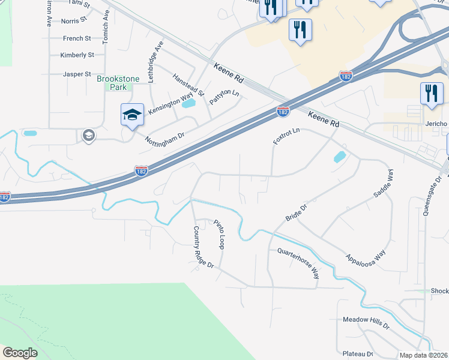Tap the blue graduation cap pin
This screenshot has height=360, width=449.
click(132, 115)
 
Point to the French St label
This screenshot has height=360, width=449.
click(77, 38)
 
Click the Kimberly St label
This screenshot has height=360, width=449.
click(77, 55)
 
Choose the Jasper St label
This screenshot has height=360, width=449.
click(76, 74)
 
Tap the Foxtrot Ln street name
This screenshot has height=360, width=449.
click(286, 136)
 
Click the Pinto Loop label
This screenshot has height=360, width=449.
click(219, 235)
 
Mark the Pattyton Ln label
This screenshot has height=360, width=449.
click(224, 98)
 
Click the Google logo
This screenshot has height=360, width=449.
click(20, 353)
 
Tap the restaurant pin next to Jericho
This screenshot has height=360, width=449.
click(432, 94)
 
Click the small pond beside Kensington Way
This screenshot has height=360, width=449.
click(188, 103)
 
